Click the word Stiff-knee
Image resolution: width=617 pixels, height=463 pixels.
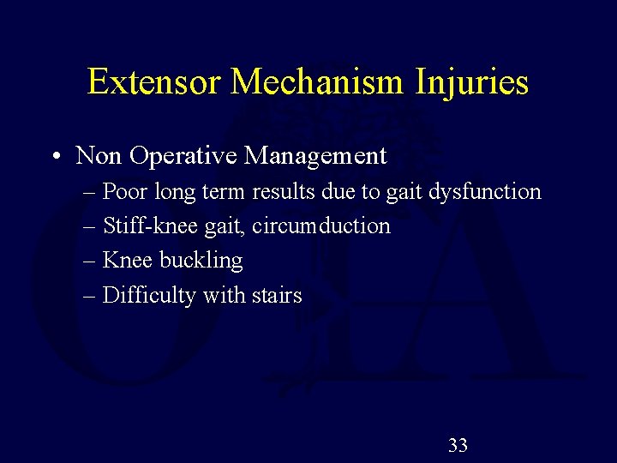[x=139, y=226]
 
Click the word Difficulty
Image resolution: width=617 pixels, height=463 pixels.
[x=148, y=296]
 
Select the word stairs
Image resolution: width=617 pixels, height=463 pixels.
[x=277, y=296]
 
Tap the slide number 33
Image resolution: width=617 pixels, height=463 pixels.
[x=458, y=445]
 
